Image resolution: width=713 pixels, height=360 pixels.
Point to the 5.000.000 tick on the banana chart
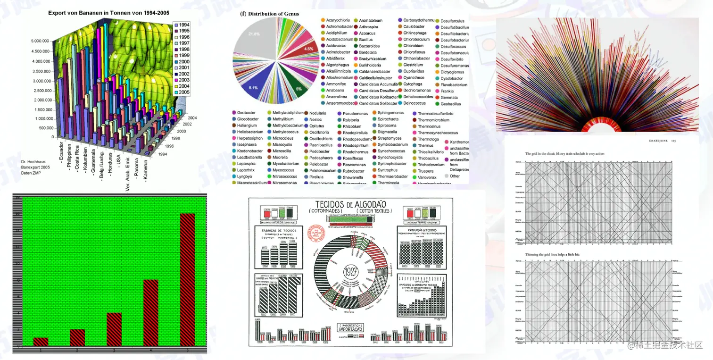point(41,42)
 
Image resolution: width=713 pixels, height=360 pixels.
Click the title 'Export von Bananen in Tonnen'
point(108,13)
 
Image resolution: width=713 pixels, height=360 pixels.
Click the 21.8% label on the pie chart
point(254,34)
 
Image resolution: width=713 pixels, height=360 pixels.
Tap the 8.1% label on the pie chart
point(253,88)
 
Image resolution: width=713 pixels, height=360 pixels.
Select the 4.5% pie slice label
point(308,49)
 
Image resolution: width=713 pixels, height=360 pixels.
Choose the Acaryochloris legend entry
point(338,21)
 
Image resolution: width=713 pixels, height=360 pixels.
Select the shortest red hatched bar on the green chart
point(41,341)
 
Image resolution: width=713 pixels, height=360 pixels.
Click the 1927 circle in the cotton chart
point(350,272)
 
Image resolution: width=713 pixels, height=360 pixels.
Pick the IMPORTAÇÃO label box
point(350,328)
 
